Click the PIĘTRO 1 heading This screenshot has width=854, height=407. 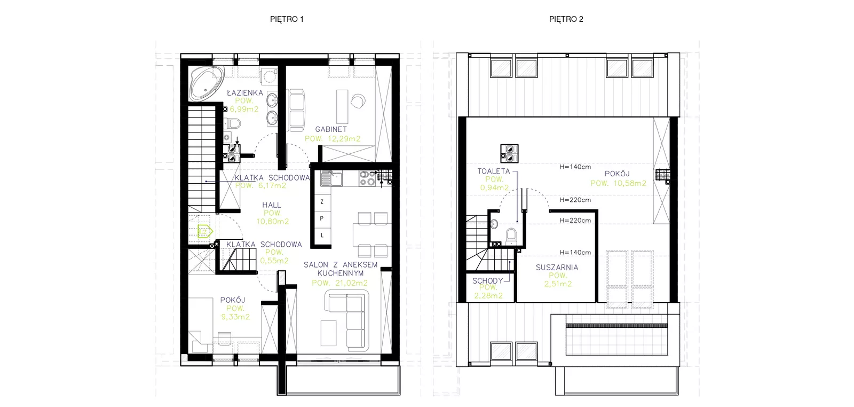tap(287, 19)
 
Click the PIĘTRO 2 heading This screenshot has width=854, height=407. tap(566, 19)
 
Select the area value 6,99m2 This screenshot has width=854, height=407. tap(244, 109)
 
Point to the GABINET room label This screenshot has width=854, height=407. tap(331, 129)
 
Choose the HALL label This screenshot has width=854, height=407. tap(272, 205)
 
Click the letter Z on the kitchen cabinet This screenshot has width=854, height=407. tap(322, 202)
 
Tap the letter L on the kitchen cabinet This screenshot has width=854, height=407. tap(322, 236)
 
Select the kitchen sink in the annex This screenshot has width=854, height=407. tap(331, 178)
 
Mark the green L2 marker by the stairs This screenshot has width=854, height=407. tap(205, 231)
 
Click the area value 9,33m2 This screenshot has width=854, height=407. tap(235, 317)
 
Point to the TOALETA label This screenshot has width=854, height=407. tap(494, 171)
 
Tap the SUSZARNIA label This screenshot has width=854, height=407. tap(557, 268)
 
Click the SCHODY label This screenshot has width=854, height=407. tap(488, 281)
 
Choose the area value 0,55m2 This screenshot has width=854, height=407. tap(274, 261)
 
